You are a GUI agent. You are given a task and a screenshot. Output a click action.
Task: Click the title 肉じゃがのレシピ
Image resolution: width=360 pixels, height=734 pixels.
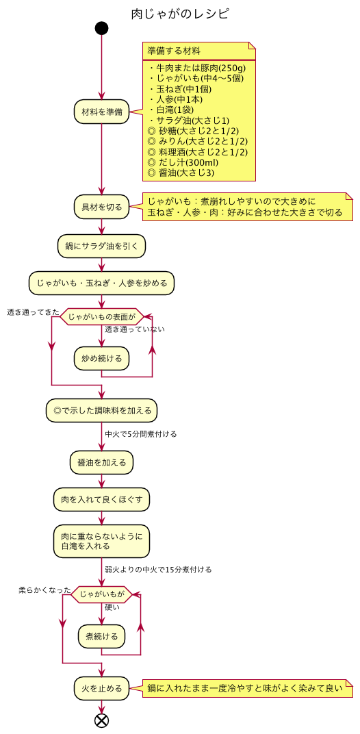pyautogui.click(x=180, y=14)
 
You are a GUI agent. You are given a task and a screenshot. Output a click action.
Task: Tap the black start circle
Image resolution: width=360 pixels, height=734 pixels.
pyautogui.click(x=101, y=28)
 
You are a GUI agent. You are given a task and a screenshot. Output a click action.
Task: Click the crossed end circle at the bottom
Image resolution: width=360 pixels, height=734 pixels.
pyautogui.click(x=101, y=720)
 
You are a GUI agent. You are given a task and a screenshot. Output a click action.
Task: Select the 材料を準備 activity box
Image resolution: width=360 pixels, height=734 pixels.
pyautogui.click(x=101, y=112)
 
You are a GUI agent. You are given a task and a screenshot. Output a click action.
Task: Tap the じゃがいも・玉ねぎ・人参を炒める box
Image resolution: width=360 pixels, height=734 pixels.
pyautogui.click(x=101, y=282)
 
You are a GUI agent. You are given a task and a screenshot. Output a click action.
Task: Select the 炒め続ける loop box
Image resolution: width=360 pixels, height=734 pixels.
pyautogui.click(x=101, y=358)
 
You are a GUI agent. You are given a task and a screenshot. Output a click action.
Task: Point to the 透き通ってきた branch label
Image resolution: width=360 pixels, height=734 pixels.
pyautogui.click(x=33, y=312)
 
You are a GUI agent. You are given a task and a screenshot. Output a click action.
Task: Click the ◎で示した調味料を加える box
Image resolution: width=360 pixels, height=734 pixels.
pyautogui.click(x=101, y=411)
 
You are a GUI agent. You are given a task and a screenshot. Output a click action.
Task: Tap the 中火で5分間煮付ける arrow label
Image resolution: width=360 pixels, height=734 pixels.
pyautogui.click(x=141, y=434)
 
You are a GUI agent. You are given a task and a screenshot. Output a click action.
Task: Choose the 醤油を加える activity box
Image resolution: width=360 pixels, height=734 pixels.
pyautogui.click(x=101, y=463)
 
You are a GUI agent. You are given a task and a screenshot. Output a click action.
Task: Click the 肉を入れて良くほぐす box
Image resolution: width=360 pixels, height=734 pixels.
pyautogui.click(x=101, y=499)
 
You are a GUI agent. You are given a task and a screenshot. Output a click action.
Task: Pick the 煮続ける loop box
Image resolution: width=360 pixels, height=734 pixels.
pyautogui.click(x=101, y=636)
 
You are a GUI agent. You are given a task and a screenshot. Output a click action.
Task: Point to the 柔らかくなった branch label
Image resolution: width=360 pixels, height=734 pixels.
pyautogui.click(x=44, y=590)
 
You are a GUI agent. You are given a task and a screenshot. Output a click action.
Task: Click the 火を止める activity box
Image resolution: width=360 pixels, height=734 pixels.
pyautogui.click(x=101, y=688)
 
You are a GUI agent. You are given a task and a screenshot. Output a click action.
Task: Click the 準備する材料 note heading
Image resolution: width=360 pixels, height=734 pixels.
pyautogui.click(x=174, y=51)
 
